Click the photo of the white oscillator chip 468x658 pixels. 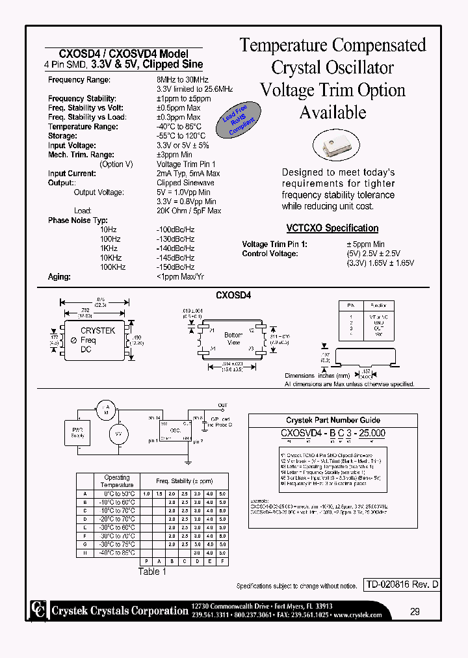coord(336,145)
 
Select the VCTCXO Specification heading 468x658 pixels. coord(332,228)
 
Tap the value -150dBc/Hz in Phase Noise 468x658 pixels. coord(175,267)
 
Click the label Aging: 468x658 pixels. coord(59,276)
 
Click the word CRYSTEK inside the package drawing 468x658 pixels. coord(97,330)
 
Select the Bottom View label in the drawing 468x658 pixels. coord(233,339)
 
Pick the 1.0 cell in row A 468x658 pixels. coord(146,493)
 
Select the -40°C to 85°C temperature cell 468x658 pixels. coord(117,553)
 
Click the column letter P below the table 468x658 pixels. coord(146,561)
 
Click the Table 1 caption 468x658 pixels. coord(153,572)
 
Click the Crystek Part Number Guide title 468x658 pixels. coord(333,420)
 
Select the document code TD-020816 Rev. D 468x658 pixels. coord(400,585)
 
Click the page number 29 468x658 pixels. coord(414,611)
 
